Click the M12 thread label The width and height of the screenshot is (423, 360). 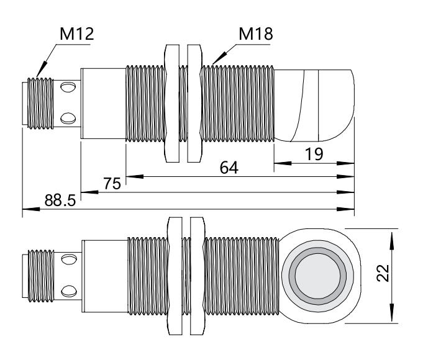(x=76, y=34)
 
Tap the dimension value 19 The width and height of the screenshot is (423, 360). (x=314, y=155)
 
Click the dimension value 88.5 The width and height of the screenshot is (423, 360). (x=60, y=200)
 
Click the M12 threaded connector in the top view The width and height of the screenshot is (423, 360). (x=40, y=102)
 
